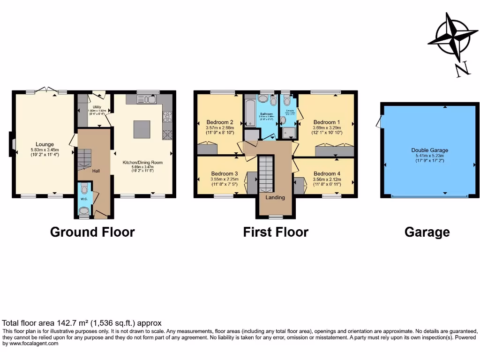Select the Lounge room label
[45, 144]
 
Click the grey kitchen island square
[142, 129]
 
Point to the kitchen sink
[149, 99]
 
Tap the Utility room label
[97, 107]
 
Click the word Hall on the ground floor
[96, 171]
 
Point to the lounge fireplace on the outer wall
[11, 144]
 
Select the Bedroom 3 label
[225, 173]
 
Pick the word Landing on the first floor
[275, 197]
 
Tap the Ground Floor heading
[92, 232]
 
